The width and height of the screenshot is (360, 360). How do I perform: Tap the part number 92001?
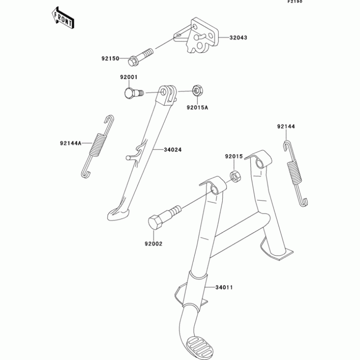(x=128, y=77)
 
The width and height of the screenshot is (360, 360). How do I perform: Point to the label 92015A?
(x=198, y=108)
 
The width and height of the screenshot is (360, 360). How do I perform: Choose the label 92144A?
(x=70, y=144)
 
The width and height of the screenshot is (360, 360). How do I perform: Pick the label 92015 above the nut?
(x=234, y=157)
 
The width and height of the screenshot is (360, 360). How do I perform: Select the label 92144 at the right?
(x=286, y=127)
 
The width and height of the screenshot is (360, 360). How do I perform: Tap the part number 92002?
(x=153, y=244)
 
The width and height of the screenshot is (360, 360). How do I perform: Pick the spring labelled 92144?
(x=295, y=173)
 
